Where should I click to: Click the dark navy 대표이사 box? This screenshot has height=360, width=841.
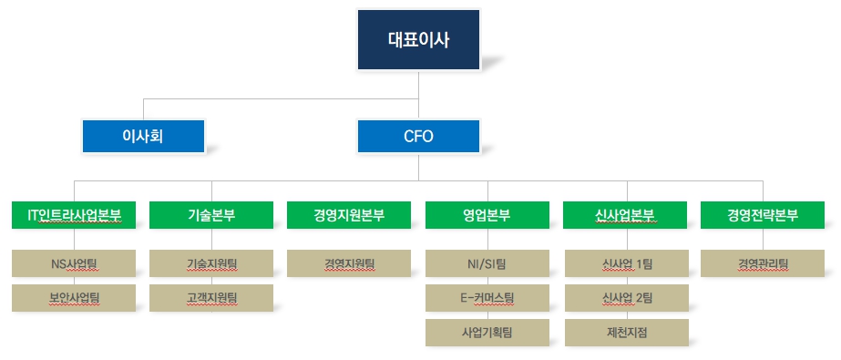pyautogui.click(x=418, y=40)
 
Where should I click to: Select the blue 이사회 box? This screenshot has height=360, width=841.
pyautogui.click(x=142, y=137)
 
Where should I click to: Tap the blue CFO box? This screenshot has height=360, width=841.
pyautogui.click(x=418, y=137)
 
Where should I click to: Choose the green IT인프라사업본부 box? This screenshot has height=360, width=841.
pyautogui.click(x=75, y=216)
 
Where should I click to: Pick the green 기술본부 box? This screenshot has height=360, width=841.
pyautogui.click(x=211, y=216)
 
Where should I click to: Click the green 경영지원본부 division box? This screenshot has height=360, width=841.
pyautogui.click(x=349, y=216)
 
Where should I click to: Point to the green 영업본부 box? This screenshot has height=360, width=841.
pyautogui.click(x=487, y=216)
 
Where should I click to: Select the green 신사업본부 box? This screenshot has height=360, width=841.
pyautogui.click(x=625, y=216)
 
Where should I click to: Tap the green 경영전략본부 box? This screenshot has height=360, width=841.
pyautogui.click(x=763, y=216)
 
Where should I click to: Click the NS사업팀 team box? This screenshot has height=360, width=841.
pyautogui.click(x=75, y=264)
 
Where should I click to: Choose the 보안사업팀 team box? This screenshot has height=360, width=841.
pyautogui.click(x=75, y=297)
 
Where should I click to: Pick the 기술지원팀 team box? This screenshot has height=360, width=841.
pyautogui.click(x=211, y=264)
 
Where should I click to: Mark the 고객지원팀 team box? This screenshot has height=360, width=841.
pyautogui.click(x=211, y=297)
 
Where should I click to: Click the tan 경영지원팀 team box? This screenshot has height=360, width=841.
pyautogui.click(x=349, y=264)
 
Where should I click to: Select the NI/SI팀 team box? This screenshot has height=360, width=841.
pyautogui.click(x=487, y=264)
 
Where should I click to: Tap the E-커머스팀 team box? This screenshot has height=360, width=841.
pyautogui.click(x=487, y=297)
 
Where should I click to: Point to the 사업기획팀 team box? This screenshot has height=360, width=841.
pyautogui.click(x=487, y=332)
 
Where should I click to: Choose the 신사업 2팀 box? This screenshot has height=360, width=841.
pyautogui.click(x=625, y=297)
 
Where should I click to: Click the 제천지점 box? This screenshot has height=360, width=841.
pyautogui.click(x=625, y=332)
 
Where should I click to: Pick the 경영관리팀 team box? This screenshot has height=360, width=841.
pyautogui.click(x=763, y=264)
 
